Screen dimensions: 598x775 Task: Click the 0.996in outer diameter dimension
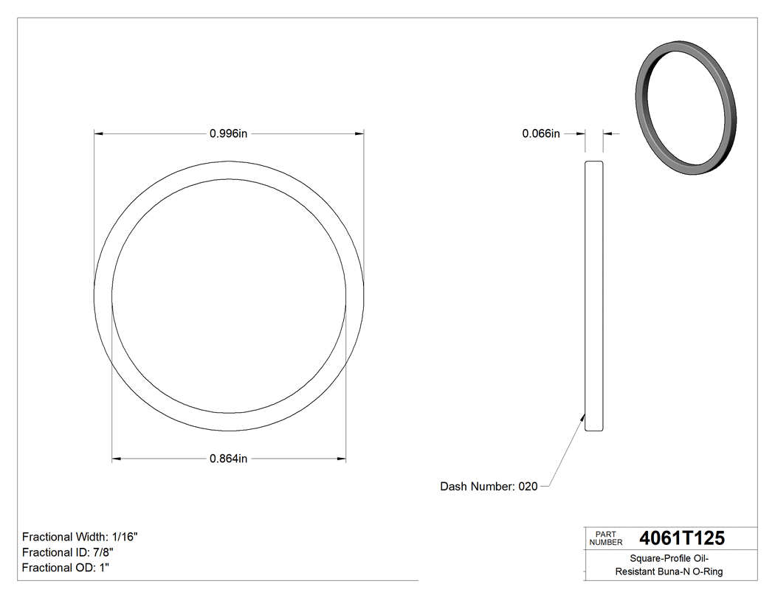[x=228, y=133]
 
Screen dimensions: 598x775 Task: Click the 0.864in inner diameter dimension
[x=228, y=459]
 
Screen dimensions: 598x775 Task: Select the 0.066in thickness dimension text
[x=541, y=133]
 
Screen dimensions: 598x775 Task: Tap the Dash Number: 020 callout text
[x=489, y=487]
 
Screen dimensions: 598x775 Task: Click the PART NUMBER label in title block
[x=606, y=538]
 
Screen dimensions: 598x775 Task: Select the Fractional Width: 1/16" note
[x=80, y=537]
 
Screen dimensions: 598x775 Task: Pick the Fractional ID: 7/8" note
[x=68, y=552]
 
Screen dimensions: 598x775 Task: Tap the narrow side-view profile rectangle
[x=593, y=295]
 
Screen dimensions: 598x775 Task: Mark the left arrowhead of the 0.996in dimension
[x=97, y=133]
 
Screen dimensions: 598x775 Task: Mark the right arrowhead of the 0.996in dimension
[x=360, y=133]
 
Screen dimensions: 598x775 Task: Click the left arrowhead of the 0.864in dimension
[x=116, y=459]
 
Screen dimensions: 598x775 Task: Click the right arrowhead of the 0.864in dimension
[x=342, y=459]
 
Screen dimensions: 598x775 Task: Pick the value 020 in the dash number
[x=528, y=487]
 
